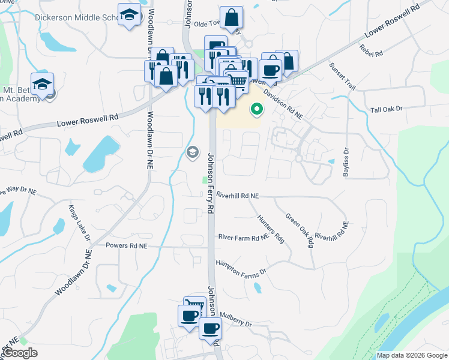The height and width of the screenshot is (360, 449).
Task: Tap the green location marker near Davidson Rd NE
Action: (257, 109)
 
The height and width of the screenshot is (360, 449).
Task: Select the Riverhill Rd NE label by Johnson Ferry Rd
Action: (238, 196)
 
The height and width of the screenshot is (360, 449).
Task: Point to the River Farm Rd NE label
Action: (243, 238)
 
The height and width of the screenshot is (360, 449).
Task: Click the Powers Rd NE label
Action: (126, 246)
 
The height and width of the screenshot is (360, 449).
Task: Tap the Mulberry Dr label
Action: (236, 314)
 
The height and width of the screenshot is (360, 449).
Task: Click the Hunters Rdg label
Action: (270, 229)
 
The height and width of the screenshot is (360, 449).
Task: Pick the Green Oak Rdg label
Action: (300, 230)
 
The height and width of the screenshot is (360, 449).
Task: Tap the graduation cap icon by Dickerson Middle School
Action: (129, 16)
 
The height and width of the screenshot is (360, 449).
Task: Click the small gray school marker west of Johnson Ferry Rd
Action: (193, 151)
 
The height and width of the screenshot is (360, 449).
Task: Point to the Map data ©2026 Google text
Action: (411, 355)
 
